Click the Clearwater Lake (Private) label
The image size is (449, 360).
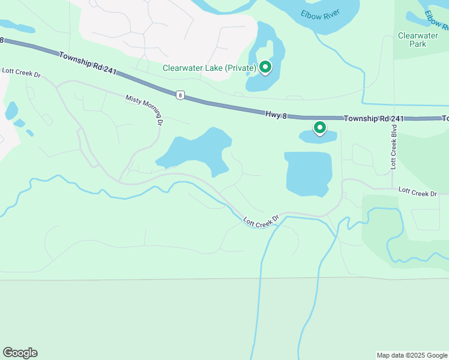[x=209, y=68]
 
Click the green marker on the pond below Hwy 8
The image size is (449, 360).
[x=320, y=127]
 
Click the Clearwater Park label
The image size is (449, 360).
[x=418, y=40]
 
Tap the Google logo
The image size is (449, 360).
[x=20, y=353]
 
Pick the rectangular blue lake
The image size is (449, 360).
[x=308, y=173]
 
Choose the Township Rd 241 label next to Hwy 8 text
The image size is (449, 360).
[x=371, y=119]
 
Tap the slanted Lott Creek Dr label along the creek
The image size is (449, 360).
[x=262, y=221]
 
